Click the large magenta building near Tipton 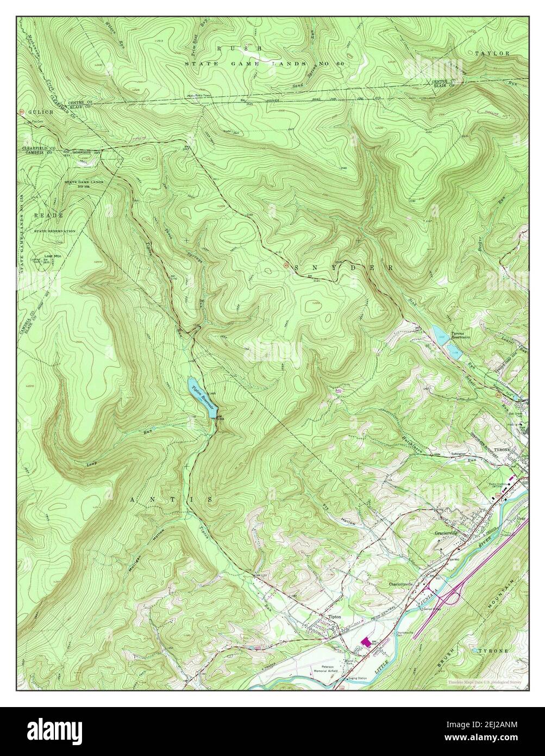[x=368, y=642]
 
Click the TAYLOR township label [x=492, y=53]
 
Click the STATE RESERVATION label [x=54, y=231]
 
